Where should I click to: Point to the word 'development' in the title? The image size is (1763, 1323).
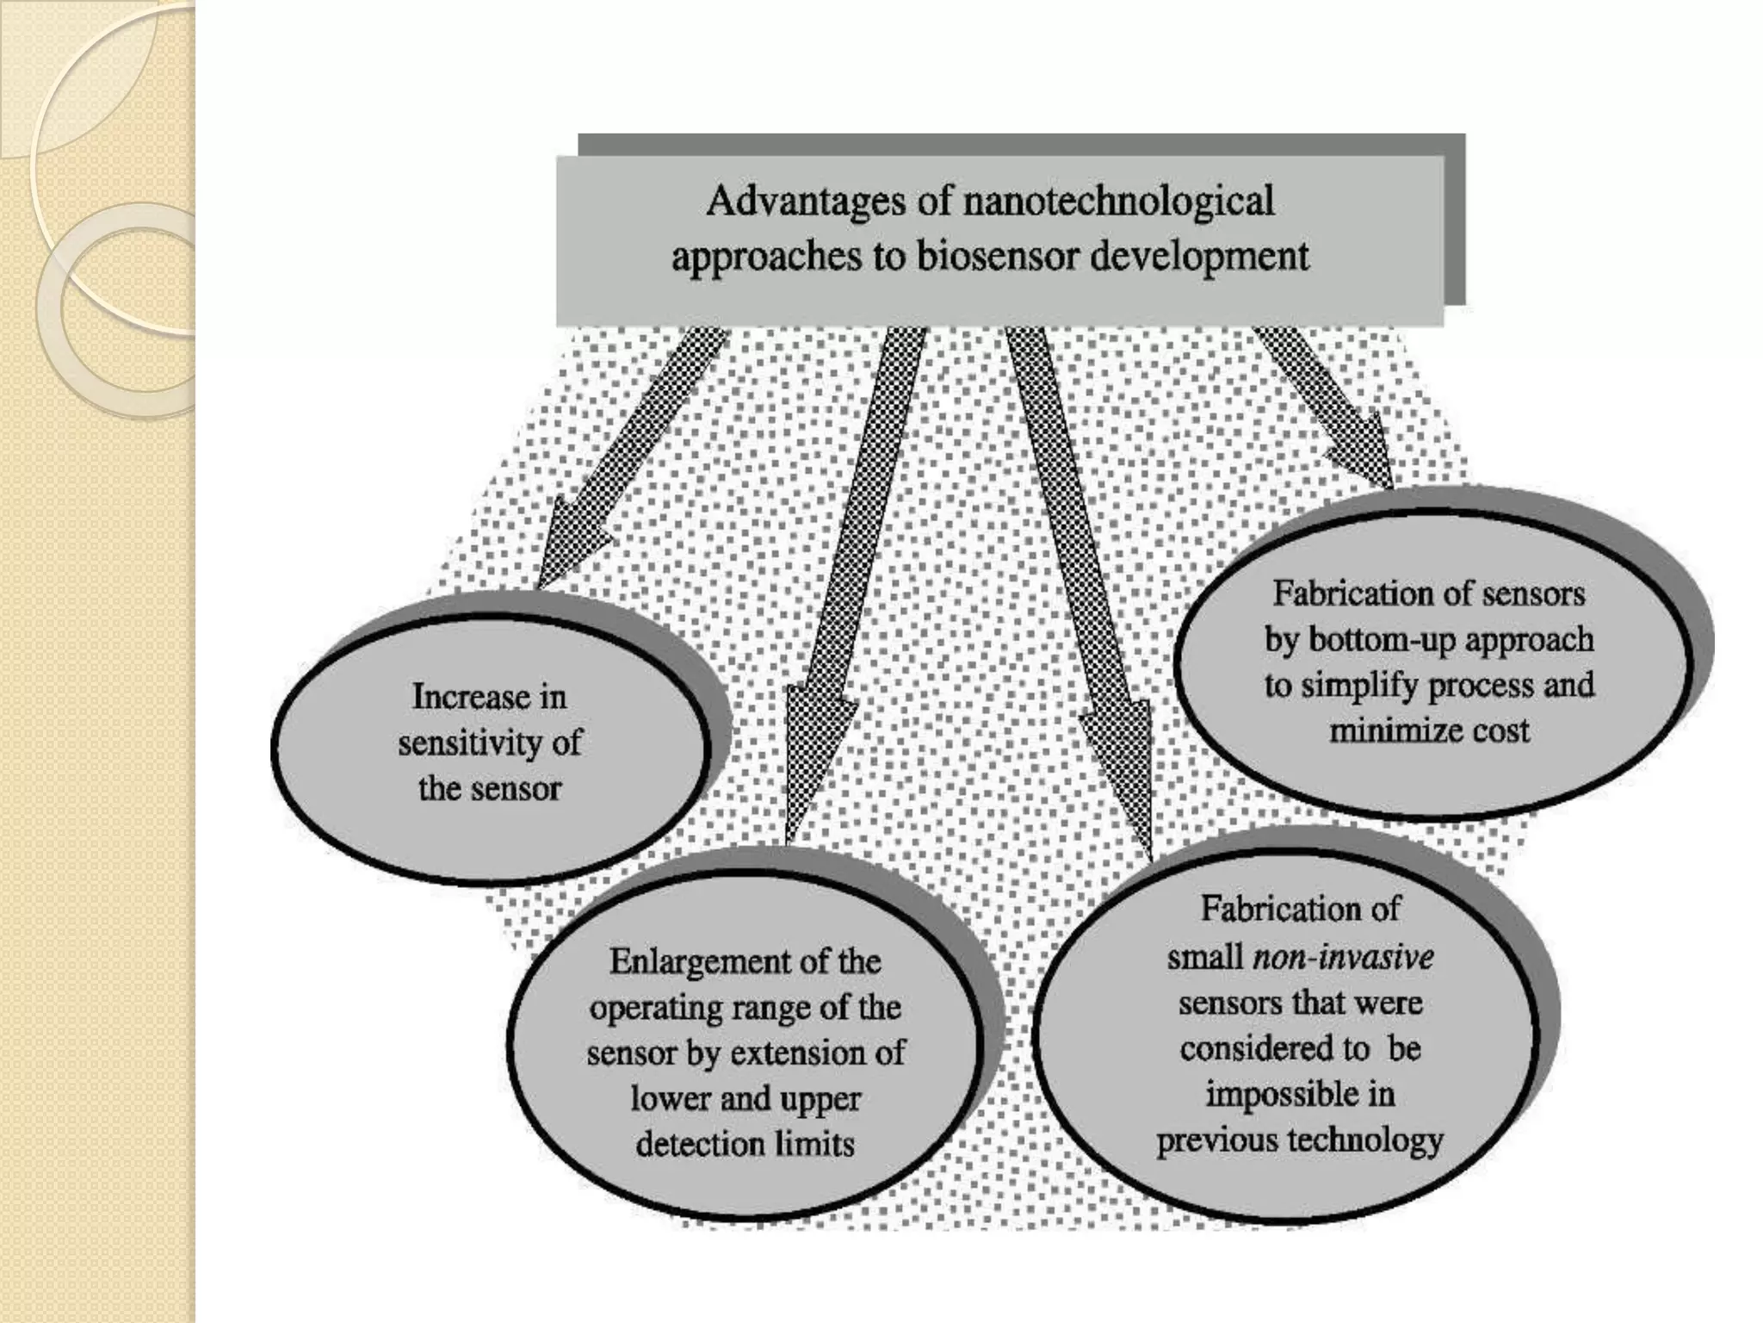coord(1200,257)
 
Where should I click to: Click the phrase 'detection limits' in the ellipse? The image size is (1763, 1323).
coord(745,1144)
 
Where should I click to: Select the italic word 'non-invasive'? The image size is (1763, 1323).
coord(1343,957)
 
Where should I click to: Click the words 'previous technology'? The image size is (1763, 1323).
coord(1299,1140)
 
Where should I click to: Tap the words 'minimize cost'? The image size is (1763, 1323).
coord(1429,730)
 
